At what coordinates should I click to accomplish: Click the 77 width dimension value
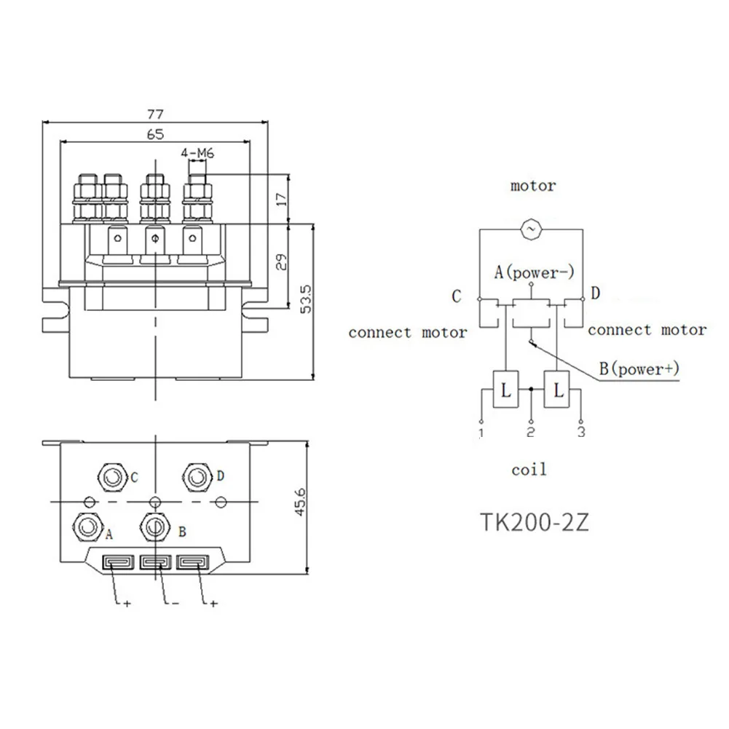pos(155,114)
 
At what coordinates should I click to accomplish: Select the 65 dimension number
pos(155,133)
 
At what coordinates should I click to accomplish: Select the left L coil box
pos(505,390)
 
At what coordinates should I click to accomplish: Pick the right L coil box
pos(559,390)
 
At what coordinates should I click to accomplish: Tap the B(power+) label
pos(639,369)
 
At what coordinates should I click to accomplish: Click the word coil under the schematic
pos(529,470)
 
